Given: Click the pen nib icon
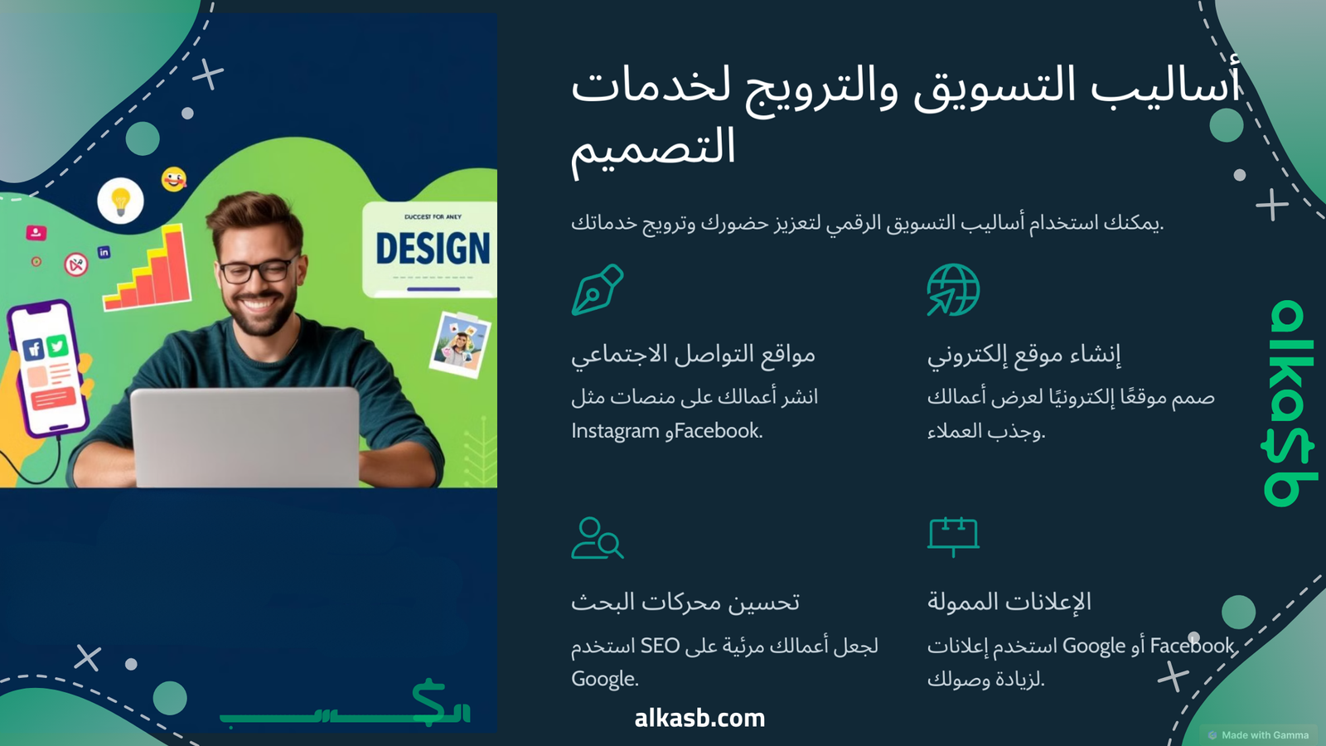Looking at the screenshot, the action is pyautogui.click(x=598, y=289).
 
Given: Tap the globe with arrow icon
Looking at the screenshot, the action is pyautogui.click(x=953, y=289).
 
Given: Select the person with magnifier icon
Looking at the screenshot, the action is pyautogui.click(x=598, y=538).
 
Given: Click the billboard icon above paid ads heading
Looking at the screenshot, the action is pyautogui.click(x=953, y=536).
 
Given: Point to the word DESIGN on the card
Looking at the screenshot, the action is pyautogui.click(x=433, y=248).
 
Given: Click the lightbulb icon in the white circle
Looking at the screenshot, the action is pyautogui.click(x=120, y=201).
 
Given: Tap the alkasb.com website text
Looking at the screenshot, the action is pyautogui.click(x=699, y=718).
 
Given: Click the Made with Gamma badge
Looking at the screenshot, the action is pyautogui.click(x=1259, y=734).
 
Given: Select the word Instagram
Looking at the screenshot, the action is pyautogui.click(x=615, y=431).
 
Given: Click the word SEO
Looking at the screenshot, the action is pyautogui.click(x=660, y=646).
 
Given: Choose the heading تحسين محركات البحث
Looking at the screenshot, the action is pyautogui.click(x=685, y=602).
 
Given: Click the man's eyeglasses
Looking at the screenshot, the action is pyautogui.click(x=259, y=270).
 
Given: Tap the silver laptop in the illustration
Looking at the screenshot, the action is pyautogui.click(x=245, y=437).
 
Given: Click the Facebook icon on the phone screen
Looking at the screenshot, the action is pyautogui.click(x=34, y=349).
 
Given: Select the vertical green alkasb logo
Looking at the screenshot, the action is pyautogui.click(x=1289, y=403).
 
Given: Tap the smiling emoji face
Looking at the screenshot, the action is pyautogui.click(x=173, y=179).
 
